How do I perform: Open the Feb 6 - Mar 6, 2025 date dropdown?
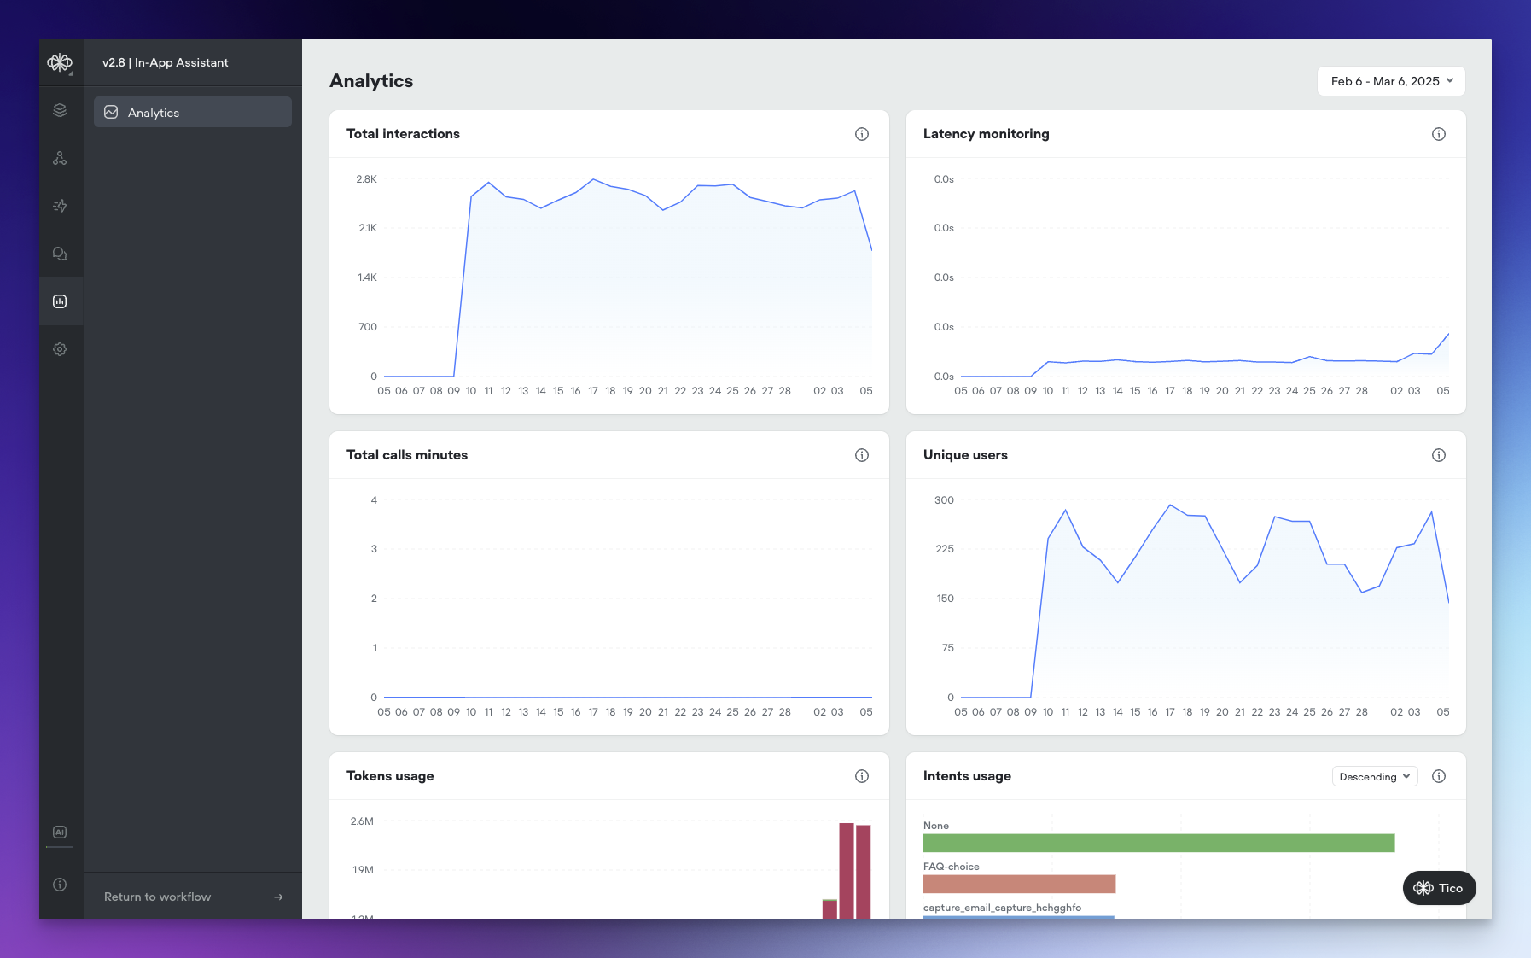pyautogui.click(x=1391, y=81)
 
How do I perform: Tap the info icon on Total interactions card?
pyautogui.click(x=862, y=134)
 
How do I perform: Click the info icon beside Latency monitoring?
pyautogui.click(x=1439, y=134)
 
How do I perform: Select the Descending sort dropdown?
pyautogui.click(x=1374, y=776)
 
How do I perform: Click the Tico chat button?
pyautogui.click(x=1439, y=888)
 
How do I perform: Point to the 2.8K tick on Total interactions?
pyautogui.click(x=366, y=179)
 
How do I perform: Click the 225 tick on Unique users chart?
pyautogui.click(x=944, y=549)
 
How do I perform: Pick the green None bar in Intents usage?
pyautogui.click(x=1158, y=843)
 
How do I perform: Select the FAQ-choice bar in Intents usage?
pyautogui.click(x=1019, y=884)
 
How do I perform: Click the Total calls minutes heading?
pyautogui.click(x=407, y=455)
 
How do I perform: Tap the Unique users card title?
pyautogui.click(x=965, y=455)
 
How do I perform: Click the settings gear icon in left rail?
pyautogui.click(x=60, y=349)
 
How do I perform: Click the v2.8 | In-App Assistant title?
pyautogui.click(x=166, y=62)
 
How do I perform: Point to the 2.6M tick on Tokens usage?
pyautogui.click(x=362, y=821)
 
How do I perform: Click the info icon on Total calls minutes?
pyautogui.click(x=862, y=455)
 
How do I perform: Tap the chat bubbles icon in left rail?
pyautogui.click(x=60, y=254)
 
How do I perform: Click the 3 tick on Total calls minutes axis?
pyautogui.click(x=374, y=549)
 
